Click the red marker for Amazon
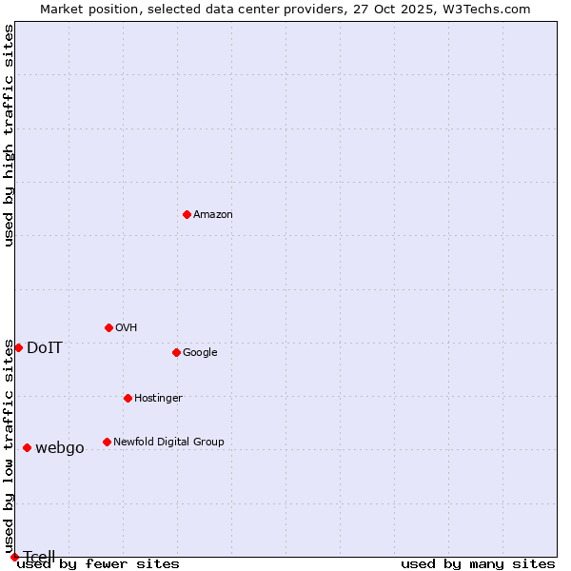(187, 214)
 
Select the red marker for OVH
(108, 327)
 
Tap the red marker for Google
(176, 352)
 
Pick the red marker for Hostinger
(128, 398)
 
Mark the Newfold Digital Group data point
(107, 442)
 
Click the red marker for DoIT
(18, 347)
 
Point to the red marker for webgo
(27, 447)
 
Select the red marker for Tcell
(14, 557)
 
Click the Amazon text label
(213, 215)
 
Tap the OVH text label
(127, 328)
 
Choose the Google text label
(200, 353)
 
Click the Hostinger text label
(158, 399)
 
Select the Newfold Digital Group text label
(168, 443)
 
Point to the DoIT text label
(45, 348)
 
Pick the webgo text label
(60, 448)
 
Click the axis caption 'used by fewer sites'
(98, 564)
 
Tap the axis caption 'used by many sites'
(478, 564)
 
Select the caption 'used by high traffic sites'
(10, 135)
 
